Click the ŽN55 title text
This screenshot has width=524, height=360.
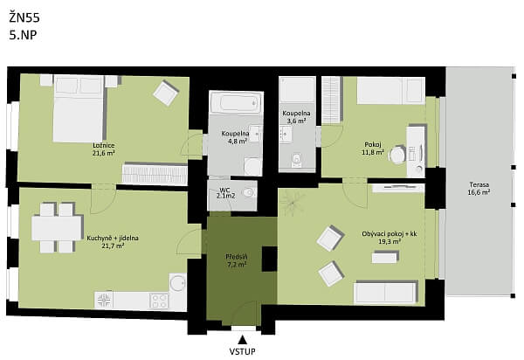[25, 17]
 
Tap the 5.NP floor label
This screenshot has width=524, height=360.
[23, 36]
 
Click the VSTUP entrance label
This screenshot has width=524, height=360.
[242, 351]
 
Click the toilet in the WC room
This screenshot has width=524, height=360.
[249, 192]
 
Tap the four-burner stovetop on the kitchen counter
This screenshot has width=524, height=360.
[159, 300]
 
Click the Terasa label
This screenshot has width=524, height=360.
[478, 184]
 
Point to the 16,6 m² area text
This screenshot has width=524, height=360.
[478, 192]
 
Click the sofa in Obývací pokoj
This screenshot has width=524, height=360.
[390, 292]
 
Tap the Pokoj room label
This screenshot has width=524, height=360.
[373, 144]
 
